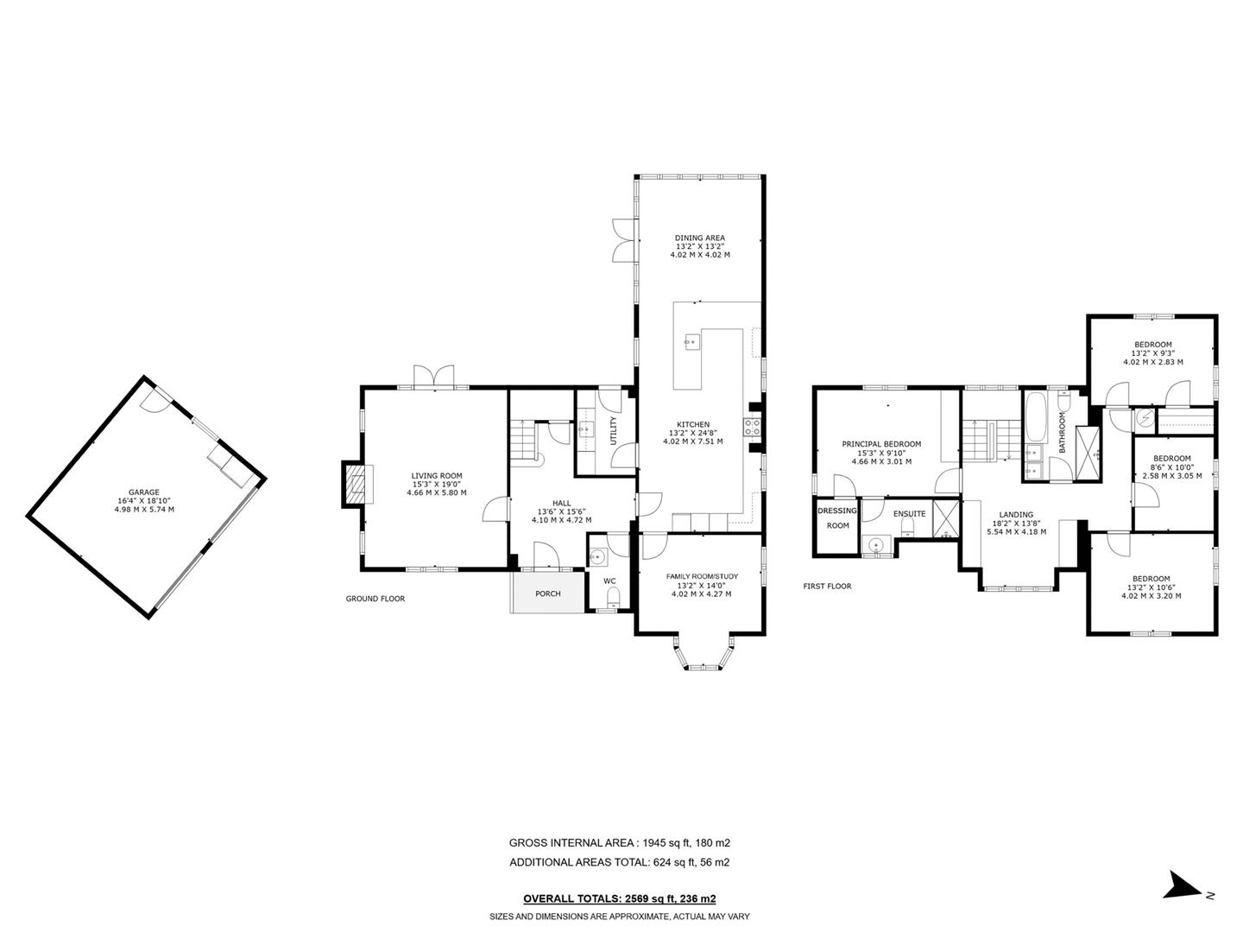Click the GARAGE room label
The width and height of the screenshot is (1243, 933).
click(x=144, y=492)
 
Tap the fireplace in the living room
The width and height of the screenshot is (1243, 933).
click(x=355, y=485)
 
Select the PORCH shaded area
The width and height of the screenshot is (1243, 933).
click(x=547, y=593)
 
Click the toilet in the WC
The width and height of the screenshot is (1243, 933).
click(x=614, y=597)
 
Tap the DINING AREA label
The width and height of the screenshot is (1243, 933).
click(x=699, y=238)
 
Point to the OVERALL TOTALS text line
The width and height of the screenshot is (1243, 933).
click(x=619, y=898)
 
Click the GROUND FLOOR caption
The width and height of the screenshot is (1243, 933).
click(x=375, y=599)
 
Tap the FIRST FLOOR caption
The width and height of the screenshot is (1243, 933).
click(x=827, y=587)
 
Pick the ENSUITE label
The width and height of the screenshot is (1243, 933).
click(x=909, y=514)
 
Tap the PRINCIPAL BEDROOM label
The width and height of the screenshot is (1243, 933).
click(x=881, y=444)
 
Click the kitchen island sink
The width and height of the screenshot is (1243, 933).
click(x=691, y=342)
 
